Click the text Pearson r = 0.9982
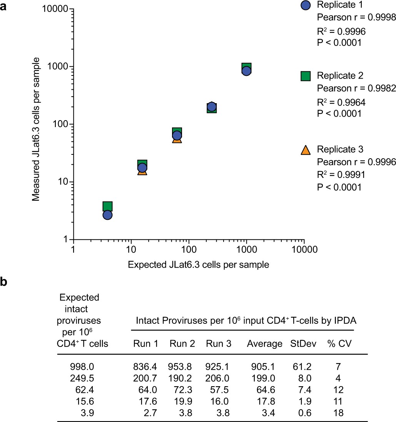356,88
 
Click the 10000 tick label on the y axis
56,9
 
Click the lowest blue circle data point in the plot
107,215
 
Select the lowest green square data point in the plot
107,206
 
